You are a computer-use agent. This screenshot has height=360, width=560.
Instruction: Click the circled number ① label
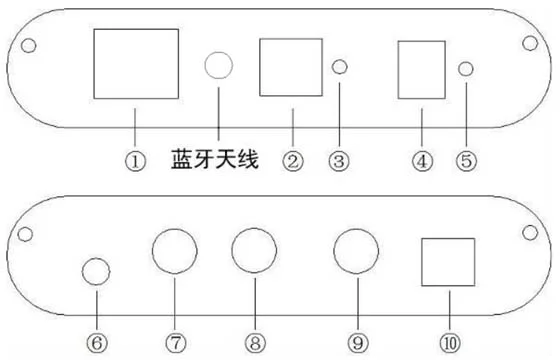[135, 161]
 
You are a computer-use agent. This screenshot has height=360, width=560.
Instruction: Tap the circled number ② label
[293, 161]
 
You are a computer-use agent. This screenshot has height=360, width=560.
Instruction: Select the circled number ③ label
[339, 161]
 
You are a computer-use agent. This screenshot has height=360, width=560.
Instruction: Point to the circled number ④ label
[422, 161]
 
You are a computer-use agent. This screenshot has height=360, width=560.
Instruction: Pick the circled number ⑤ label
[466, 161]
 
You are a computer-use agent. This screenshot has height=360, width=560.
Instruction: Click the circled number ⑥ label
[97, 343]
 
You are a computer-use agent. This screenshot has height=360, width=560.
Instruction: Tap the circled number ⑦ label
[176, 343]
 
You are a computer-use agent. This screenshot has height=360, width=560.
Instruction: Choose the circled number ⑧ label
[255, 343]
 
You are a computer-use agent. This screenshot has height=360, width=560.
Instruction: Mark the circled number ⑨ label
[358, 343]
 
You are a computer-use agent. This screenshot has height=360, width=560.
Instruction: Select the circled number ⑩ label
[450, 343]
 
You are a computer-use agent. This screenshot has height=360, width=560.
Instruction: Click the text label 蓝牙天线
[215, 159]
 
